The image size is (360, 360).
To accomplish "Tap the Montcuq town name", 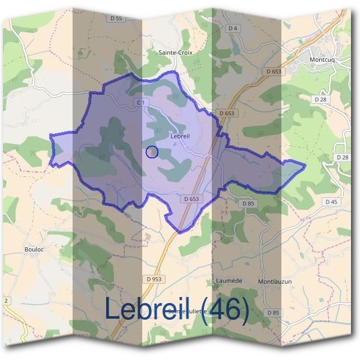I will tap(323, 60).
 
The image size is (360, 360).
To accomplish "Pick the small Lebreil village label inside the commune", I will tap(180, 136).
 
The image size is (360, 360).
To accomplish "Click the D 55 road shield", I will tap(116, 19).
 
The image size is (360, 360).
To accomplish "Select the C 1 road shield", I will tap(141, 103).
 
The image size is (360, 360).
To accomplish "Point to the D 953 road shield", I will tap(154, 279).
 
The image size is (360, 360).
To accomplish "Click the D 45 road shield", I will tap(332, 202).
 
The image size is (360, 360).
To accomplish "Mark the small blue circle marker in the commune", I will tap(152, 152).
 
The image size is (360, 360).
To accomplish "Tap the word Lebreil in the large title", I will tap(149, 308).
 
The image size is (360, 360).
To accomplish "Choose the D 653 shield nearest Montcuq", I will tap(274, 71).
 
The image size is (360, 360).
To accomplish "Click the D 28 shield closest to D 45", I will tap(343, 157).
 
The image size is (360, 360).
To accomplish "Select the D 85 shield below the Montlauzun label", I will tap(273, 313).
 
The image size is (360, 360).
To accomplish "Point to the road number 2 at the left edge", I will tap(6, 300).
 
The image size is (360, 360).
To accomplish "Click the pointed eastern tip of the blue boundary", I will tap(305, 164).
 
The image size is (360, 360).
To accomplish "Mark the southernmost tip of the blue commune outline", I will tap(179, 232).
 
